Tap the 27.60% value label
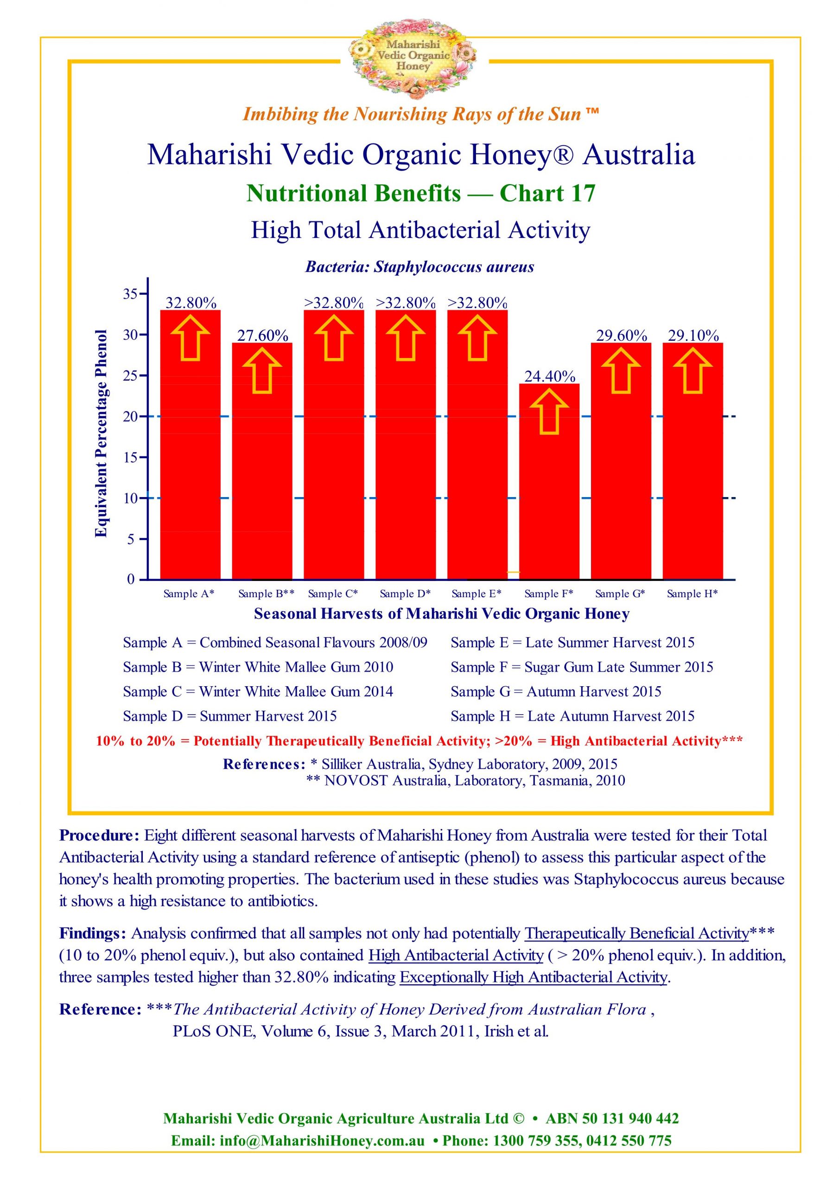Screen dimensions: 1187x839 tap(263, 336)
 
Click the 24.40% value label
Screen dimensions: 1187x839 tap(549, 377)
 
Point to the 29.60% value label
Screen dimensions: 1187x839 tap(621, 336)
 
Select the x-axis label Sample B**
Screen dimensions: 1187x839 tap(266, 593)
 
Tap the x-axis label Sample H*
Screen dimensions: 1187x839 tap(692, 593)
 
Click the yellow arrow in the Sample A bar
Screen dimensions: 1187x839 tap(190, 337)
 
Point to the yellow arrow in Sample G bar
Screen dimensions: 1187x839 tap(621, 370)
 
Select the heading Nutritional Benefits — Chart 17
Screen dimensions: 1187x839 tap(421, 193)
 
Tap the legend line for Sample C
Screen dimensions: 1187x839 tap(258, 691)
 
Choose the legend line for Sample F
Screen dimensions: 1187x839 tap(582, 667)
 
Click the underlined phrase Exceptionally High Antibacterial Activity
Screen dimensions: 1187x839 tap(534, 977)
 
